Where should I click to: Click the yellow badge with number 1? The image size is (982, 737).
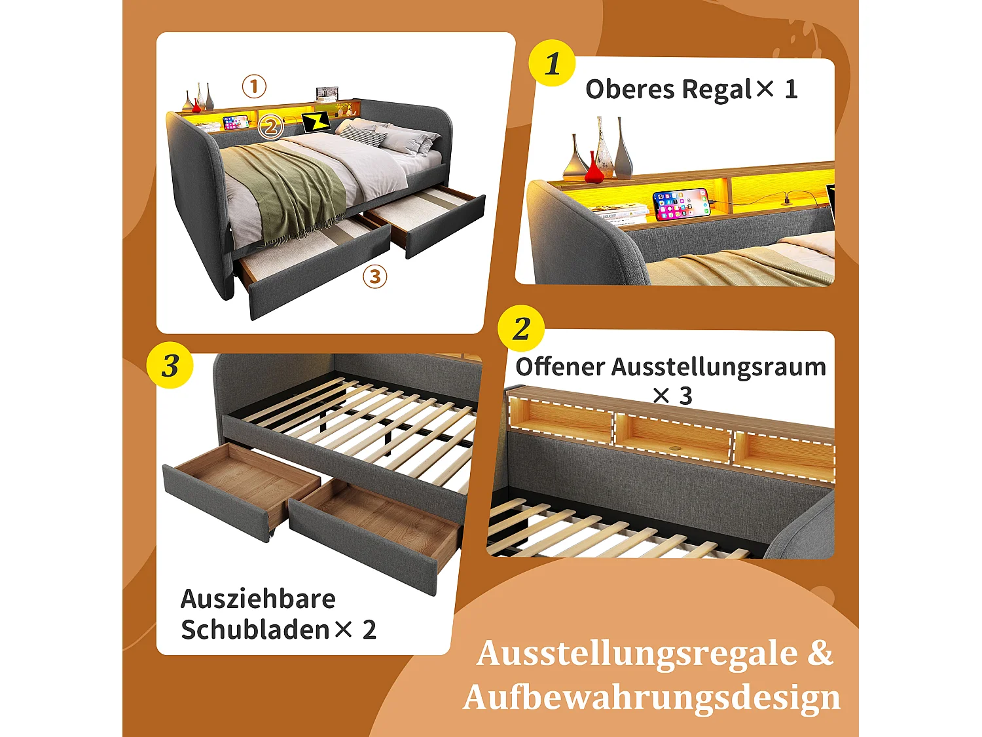[x=552, y=64]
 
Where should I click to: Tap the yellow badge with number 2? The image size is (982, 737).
[x=521, y=328]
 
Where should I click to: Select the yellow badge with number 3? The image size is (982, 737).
[x=170, y=366]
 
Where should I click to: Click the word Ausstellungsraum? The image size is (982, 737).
[x=718, y=367]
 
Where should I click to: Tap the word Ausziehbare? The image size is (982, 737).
[x=258, y=599]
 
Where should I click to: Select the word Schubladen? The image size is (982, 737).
[x=255, y=630]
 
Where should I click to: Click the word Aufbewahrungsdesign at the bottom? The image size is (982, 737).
[x=651, y=697]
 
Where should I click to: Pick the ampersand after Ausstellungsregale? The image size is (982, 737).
[x=820, y=653]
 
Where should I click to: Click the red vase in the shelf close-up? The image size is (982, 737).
[x=593, y=170]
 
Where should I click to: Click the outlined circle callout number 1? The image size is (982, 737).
[x=254, y=86]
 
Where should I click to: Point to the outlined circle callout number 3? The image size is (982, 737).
[x=374, y=276]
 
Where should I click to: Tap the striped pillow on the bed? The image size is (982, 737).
[x=364, y=135]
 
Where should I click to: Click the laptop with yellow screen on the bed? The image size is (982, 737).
[x=316, y=122]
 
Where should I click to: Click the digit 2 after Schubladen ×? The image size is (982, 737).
[x=369, y=630]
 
